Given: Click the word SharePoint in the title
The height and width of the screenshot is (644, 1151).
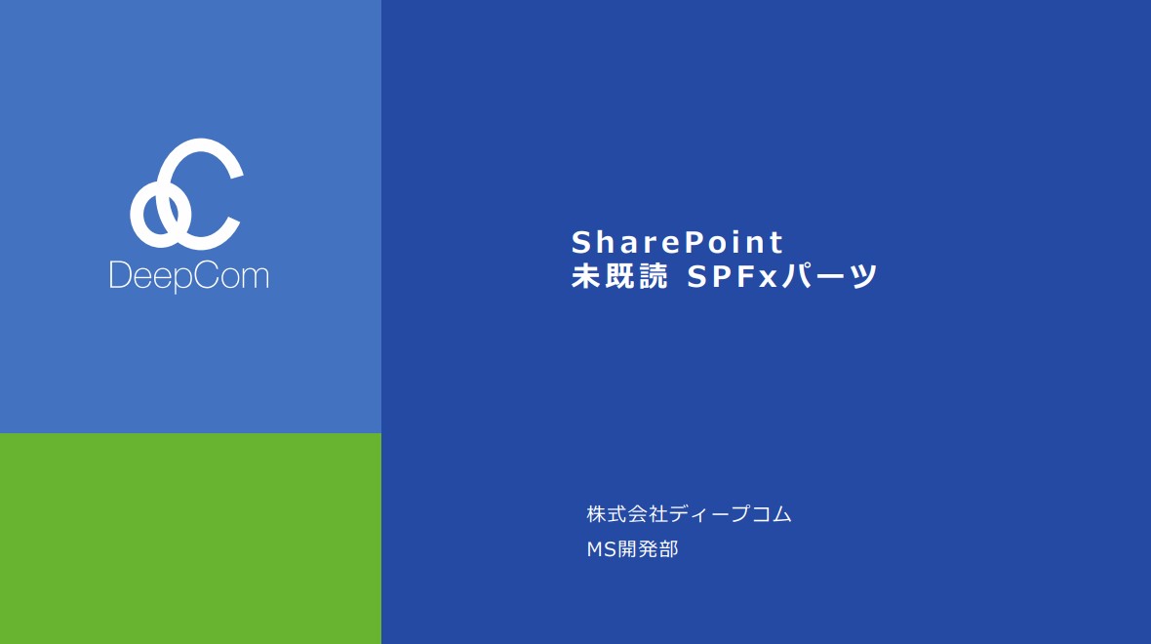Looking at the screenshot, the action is (x=678, y=242).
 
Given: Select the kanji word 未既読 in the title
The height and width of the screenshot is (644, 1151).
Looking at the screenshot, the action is (x=619, y=276).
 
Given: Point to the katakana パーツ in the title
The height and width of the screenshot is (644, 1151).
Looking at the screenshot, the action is (x=829, y=276).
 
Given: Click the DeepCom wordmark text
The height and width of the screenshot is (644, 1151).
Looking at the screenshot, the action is (x=189, y=277).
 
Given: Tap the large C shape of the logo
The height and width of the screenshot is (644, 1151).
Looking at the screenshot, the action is (x=203, y=194).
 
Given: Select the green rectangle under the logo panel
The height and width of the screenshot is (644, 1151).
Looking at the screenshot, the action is (x=190, y=539).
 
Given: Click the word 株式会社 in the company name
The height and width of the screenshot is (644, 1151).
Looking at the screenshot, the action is (x=627, y=514).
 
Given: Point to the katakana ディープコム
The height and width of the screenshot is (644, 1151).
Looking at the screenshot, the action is (x=731, y=514).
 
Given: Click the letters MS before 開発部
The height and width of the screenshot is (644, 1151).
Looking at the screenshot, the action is (x=601, y=549).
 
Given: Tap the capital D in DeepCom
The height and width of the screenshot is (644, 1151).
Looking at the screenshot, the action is (x=120, y=275).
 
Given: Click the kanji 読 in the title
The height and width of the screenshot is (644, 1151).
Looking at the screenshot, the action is (x=654, y=276).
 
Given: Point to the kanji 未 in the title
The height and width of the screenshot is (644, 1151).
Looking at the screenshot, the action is (x=586, y=276).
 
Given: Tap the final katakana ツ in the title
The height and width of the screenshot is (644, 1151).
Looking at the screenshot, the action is (x=864, y=277).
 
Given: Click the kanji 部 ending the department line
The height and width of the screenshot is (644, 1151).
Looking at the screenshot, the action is (x=669, y=549).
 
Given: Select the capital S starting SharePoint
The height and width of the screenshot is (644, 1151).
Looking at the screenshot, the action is (x=581, y=242).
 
